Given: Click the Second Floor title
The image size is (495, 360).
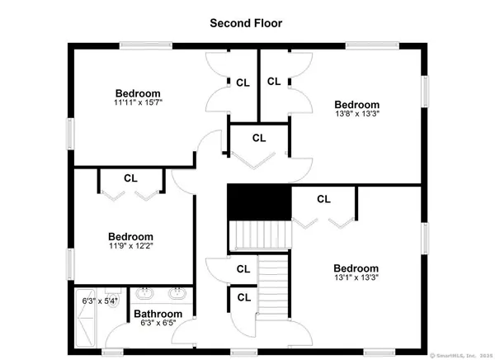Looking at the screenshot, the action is click(x=246, y=23).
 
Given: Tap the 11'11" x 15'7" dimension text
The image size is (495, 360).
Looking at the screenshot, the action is click(x=138, y=102).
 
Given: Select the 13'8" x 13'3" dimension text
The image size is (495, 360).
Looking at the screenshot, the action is click(x=357, y=114).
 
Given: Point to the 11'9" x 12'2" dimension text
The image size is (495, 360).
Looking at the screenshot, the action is click(x=131, y=245).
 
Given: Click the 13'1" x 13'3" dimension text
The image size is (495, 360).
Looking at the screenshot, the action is click(x=356, y=277).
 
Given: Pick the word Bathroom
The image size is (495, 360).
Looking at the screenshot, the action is click(x=158, y=314).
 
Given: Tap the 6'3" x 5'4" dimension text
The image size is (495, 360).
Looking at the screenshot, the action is click(x=100, y=301).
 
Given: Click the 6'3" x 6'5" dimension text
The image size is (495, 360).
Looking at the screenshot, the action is click(x=158, y=323).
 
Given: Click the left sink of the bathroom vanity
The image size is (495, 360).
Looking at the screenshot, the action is click(x=144, y=293).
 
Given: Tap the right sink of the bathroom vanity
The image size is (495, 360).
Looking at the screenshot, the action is click(x=177, y=293).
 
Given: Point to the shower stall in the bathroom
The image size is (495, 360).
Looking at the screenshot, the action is click(x=85, y=318).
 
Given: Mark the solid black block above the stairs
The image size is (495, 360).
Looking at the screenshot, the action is click(x=259, y=202).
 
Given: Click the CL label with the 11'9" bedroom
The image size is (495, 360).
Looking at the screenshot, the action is click(x=130, y=178).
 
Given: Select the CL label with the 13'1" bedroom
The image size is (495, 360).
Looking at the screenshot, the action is click(x=323, y=199).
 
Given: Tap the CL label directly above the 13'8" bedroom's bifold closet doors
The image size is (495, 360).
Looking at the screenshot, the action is click(x=259, y=138).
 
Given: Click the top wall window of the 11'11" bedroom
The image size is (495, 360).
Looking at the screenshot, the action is click(x=146, y=46).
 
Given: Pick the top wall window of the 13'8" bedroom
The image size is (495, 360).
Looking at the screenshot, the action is click(x=373, y=46).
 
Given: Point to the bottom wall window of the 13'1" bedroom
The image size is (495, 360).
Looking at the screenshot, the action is click(x=379, y=352).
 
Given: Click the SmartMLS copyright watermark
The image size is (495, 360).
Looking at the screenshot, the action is click(x=461, y=356).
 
